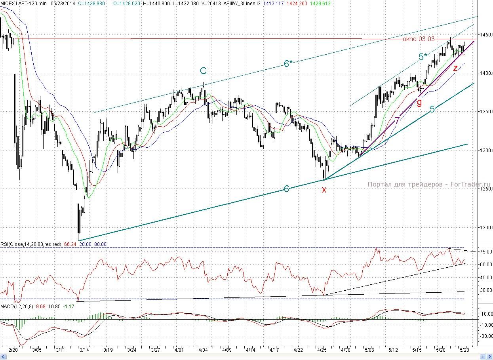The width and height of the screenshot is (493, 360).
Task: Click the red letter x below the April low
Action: point(324,190)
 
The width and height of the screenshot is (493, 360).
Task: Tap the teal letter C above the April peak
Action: point(203,70)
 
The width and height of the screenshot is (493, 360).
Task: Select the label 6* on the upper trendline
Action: point(288,63)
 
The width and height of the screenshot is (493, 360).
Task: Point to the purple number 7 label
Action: point(397,120)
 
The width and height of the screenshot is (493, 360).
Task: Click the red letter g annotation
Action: point(419,103)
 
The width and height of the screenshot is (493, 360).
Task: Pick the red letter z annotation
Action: point(455,68)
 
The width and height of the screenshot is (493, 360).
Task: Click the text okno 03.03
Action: point(419,39)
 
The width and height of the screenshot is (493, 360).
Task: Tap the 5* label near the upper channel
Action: point(423,57)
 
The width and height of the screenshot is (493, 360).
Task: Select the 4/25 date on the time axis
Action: point(322,350)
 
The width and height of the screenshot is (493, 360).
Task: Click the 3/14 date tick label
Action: point(84,350)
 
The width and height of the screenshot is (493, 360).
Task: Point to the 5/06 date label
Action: point(369,350)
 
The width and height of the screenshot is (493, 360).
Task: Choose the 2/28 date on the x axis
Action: point(13,350)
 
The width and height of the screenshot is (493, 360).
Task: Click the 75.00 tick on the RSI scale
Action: point(486,251)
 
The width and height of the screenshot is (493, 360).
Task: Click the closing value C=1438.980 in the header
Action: point(91,3)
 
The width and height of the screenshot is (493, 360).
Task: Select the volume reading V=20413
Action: point(211,3)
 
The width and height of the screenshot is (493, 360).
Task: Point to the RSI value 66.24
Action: point(70,244)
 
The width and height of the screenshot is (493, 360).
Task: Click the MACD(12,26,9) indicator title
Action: point(17,306)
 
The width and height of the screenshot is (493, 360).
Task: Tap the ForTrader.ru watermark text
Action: point(470,184)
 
